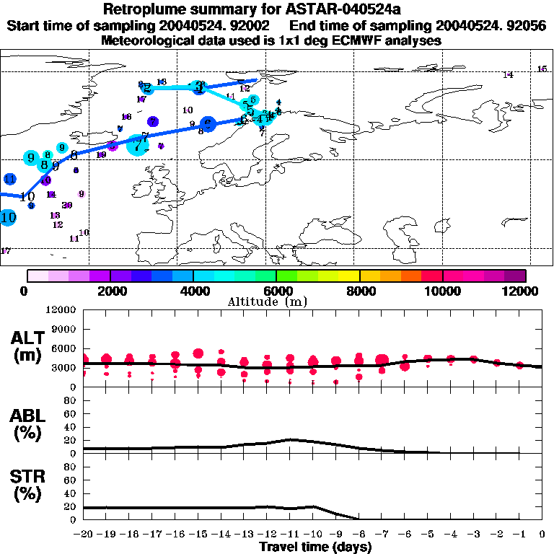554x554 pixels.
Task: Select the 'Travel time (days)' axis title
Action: pos(315,548)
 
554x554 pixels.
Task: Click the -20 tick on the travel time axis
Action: pos(84,535)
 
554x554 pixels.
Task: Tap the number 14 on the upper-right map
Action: pos(508,75)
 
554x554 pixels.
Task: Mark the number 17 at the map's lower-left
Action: pos(6,251)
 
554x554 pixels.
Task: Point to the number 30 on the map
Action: pos(67,206)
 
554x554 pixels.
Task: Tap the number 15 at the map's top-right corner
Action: pos(542,69)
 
